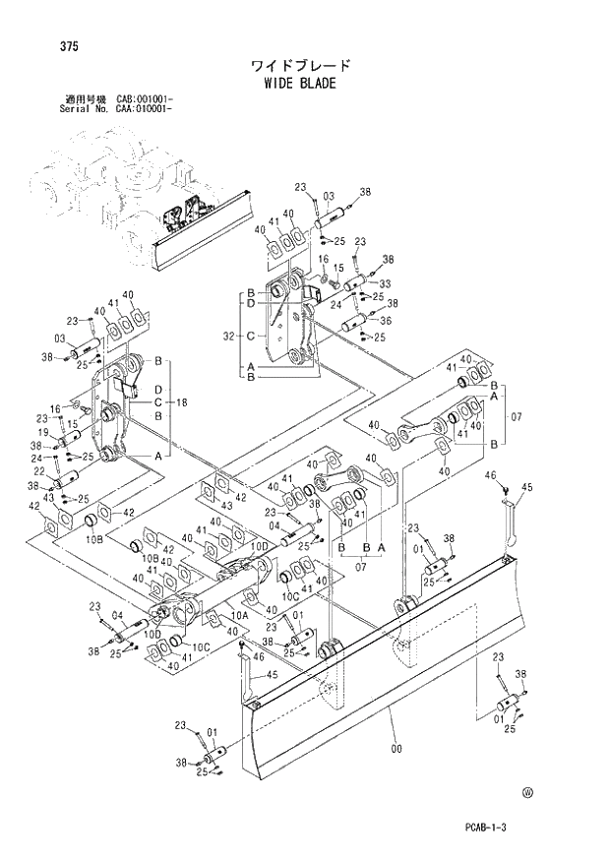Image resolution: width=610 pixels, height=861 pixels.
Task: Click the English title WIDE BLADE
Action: coord(300,84)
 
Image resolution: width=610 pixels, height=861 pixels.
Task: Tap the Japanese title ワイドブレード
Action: coord(300,66)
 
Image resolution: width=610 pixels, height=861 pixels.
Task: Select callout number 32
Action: coord(229,336)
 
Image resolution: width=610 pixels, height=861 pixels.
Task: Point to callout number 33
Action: coord(385,283)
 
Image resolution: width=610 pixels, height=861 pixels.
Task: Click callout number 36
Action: coord(385,320)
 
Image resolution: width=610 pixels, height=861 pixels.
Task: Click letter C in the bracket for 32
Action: coord(252,336)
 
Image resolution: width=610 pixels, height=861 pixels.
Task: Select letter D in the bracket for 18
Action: coord(156,392)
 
